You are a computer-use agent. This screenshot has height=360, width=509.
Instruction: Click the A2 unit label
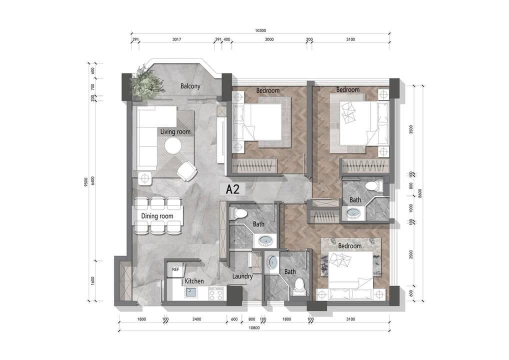232,189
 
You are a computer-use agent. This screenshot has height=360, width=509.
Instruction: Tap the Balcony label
190,86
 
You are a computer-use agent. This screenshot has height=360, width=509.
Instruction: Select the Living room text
175,132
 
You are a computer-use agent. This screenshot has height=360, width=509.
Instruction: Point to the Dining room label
157,216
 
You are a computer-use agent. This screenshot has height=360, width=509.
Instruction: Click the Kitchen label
194,281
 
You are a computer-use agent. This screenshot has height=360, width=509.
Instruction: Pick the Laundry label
242,276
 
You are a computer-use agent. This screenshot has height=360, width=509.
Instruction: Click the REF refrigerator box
175,269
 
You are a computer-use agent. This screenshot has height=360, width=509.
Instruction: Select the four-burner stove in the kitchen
216,293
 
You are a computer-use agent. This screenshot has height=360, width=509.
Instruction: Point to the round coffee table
172,146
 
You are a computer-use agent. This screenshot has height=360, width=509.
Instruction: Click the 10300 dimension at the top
260,30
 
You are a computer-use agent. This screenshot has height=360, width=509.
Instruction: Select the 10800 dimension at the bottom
254,328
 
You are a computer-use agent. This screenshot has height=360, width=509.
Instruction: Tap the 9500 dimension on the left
86,182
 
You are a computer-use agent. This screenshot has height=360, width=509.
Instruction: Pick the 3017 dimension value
176,39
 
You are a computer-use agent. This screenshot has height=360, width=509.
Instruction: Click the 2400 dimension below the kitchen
196,319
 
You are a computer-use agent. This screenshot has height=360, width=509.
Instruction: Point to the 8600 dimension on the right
420,193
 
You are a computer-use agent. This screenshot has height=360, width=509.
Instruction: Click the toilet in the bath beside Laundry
298,286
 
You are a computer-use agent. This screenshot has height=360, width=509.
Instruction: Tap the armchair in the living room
186,171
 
